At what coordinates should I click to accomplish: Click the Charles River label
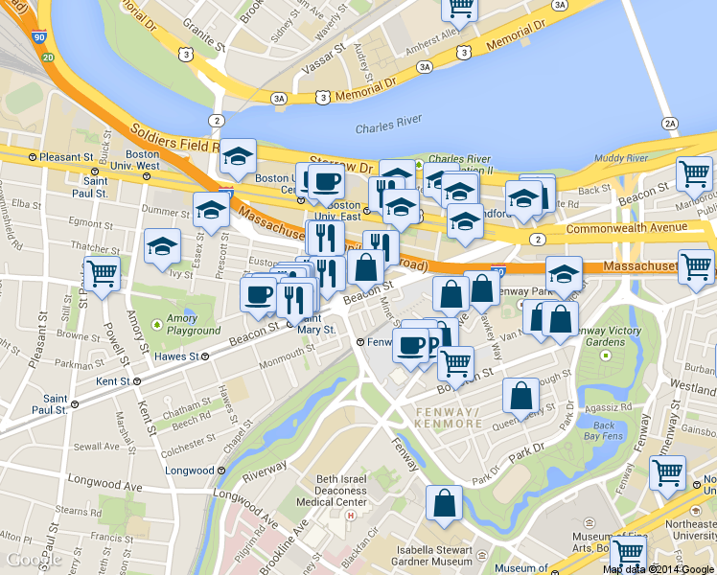[388, 128]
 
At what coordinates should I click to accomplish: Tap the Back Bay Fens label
[604, 431]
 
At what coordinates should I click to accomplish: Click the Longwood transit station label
[197, 471]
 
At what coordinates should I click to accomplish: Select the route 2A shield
[669, 123]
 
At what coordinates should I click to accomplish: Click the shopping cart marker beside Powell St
[102, 272]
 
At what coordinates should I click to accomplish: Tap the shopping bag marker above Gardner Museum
[445, 502]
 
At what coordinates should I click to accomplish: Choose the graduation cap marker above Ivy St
[163, 245]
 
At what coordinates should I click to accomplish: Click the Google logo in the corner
[33, 559]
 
